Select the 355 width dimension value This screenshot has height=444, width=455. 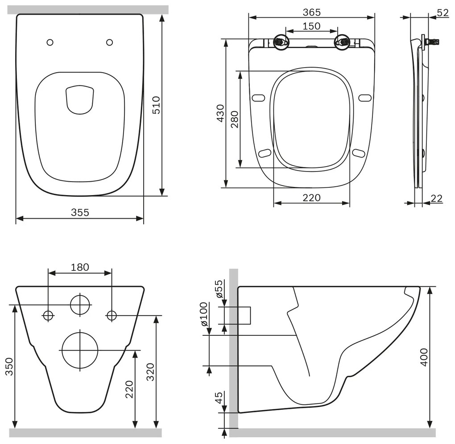click(80, 212)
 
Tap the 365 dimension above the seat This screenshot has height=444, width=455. click(311, 12)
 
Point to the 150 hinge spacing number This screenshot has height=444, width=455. click(311, 26)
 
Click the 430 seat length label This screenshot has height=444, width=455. click(220, 114)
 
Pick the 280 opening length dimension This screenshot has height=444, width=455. click(235, 119)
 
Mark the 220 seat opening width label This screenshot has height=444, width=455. click(311, 197)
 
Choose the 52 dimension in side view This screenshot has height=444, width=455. click(443, 12)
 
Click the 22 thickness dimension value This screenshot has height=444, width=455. click(437, 198)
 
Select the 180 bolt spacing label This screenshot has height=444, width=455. click(80, 267)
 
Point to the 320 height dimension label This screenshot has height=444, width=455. click(150, 372)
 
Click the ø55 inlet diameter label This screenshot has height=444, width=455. click(218, 289)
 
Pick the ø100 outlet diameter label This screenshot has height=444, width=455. click(204, 314)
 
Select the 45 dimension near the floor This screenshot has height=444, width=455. click(218, 398)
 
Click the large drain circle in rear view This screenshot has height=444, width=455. click(80, 350)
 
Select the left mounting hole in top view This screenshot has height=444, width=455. click(50, 42)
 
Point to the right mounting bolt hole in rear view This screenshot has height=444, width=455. click(112, 315)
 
